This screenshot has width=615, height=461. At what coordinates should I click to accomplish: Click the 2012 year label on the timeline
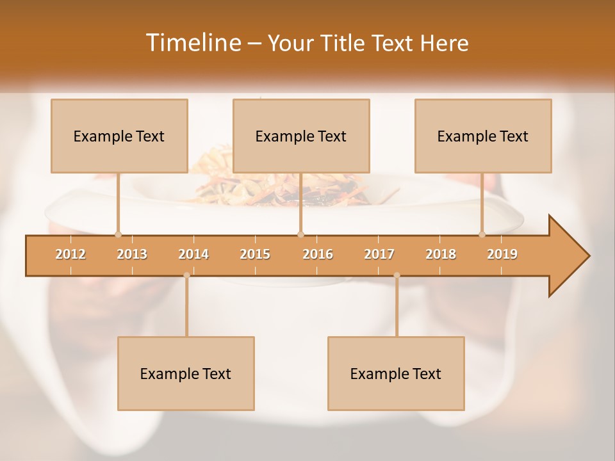click(x=70, y=254)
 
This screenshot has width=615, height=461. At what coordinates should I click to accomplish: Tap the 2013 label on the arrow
click(x=132, y=254)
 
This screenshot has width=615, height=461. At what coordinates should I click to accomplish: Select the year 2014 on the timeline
click(x=193, y=254)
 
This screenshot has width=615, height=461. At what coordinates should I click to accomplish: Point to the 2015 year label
click(x=255, y=254)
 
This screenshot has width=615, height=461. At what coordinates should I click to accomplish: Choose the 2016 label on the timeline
click(x=318, y=254)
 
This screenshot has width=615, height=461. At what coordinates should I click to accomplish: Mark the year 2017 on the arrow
click(x=379, y=254)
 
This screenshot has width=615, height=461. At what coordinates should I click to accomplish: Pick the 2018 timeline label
click(x=441, y=254)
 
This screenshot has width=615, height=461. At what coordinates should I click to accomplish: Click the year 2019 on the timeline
click(x=502, y=254)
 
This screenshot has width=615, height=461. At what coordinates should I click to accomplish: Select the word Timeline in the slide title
click(x=192, y=43)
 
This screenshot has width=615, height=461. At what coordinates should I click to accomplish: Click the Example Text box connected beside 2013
click(x=119, y=136)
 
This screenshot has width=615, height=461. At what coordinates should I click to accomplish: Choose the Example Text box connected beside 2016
click(x=301, y=136)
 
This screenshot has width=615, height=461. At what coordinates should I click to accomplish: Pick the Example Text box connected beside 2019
click(x=483, y=136)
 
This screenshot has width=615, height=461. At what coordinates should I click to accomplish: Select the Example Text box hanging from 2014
click(x=186, y=373)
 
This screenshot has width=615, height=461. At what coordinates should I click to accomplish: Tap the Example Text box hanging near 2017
click(x=396, y=373)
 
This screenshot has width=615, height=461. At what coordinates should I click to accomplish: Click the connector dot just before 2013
click(x=118, y=234)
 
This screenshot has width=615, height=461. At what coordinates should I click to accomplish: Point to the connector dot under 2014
click(x=186, y=275)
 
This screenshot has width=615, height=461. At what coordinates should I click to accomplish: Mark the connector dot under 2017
click(x=397, y=275)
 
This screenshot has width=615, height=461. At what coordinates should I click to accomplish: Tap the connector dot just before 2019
click(x=482, y=234)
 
